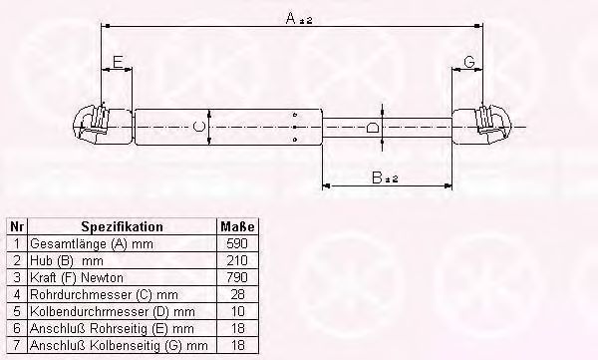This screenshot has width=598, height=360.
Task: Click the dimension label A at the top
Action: (x=299, y=18)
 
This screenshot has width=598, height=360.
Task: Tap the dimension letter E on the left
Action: (x=119, y=62)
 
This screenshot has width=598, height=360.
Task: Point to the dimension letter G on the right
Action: (x=469, y=62)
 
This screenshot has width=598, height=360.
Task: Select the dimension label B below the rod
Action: (x=385, y=178)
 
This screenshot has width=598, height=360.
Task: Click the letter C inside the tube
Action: (x=199, y=127)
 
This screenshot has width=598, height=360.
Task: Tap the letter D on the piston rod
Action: (x=372, y=127)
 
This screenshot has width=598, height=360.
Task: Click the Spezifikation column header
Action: (x=122, y=226)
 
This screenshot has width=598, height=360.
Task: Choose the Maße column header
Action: (x=237, y=226)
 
